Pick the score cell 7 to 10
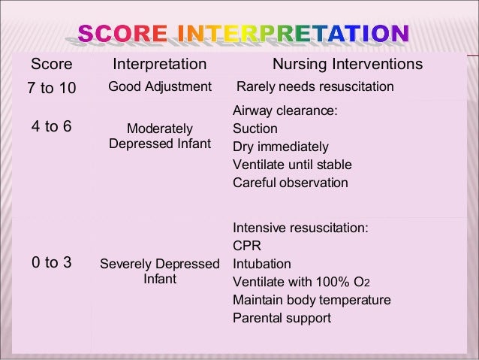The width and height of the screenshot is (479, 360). click(51, 89)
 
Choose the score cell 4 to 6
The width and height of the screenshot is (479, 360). click(51, 126)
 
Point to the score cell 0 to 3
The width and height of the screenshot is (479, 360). click(51, 262)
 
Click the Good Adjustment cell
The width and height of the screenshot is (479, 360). click(160, 87)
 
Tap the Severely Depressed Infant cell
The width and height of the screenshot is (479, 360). click(160, 271)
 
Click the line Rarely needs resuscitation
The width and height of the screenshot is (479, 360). click(315, 87)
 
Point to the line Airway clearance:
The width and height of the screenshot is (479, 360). click(285, 110)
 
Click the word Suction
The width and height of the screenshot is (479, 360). click(255, 129)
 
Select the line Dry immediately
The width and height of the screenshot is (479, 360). click(281, 147)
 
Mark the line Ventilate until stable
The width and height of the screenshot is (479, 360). click(292, 165)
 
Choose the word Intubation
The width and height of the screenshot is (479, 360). click(262, 264)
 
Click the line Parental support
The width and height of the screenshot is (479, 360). click(282, 318)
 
